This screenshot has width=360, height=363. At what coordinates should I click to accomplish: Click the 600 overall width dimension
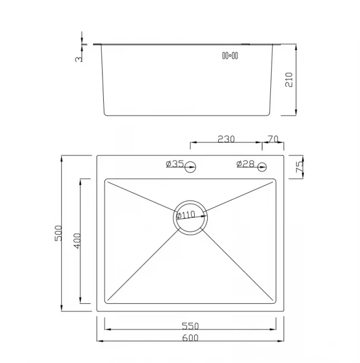pos(190,338)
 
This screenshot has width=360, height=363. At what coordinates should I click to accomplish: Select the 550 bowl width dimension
pos(190,326)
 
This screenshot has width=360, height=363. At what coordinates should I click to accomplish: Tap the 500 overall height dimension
pos(58,233)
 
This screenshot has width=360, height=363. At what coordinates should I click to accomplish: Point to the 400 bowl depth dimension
pos(77,241)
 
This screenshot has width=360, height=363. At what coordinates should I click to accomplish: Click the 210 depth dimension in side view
pos(289,80)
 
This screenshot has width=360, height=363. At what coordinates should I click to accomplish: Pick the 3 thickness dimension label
pos(79,59)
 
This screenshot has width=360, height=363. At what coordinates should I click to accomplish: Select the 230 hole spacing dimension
pos(226,139)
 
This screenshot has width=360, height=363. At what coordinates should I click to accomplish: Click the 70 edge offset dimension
pos(273,139)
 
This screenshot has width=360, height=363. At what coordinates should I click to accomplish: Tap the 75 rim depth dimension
pos(299,166)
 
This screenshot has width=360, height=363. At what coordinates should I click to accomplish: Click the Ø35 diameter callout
pos(175,164)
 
